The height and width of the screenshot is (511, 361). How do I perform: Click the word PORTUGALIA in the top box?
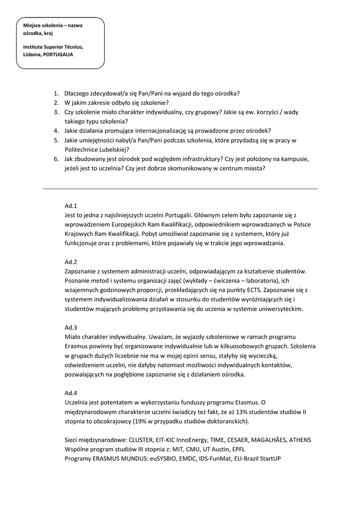coord(58,54)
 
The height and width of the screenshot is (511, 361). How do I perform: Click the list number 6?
coord(56,159)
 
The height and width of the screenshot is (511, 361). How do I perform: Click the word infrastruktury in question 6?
coord(193,159)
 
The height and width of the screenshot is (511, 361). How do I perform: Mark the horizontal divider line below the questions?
coord(180,189)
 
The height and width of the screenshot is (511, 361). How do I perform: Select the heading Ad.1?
coord(71,206)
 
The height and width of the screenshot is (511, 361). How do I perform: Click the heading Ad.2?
coord(71,262)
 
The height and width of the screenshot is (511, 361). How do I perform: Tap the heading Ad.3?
coord(71,327)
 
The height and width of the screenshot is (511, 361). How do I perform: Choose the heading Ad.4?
coord(71,393)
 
